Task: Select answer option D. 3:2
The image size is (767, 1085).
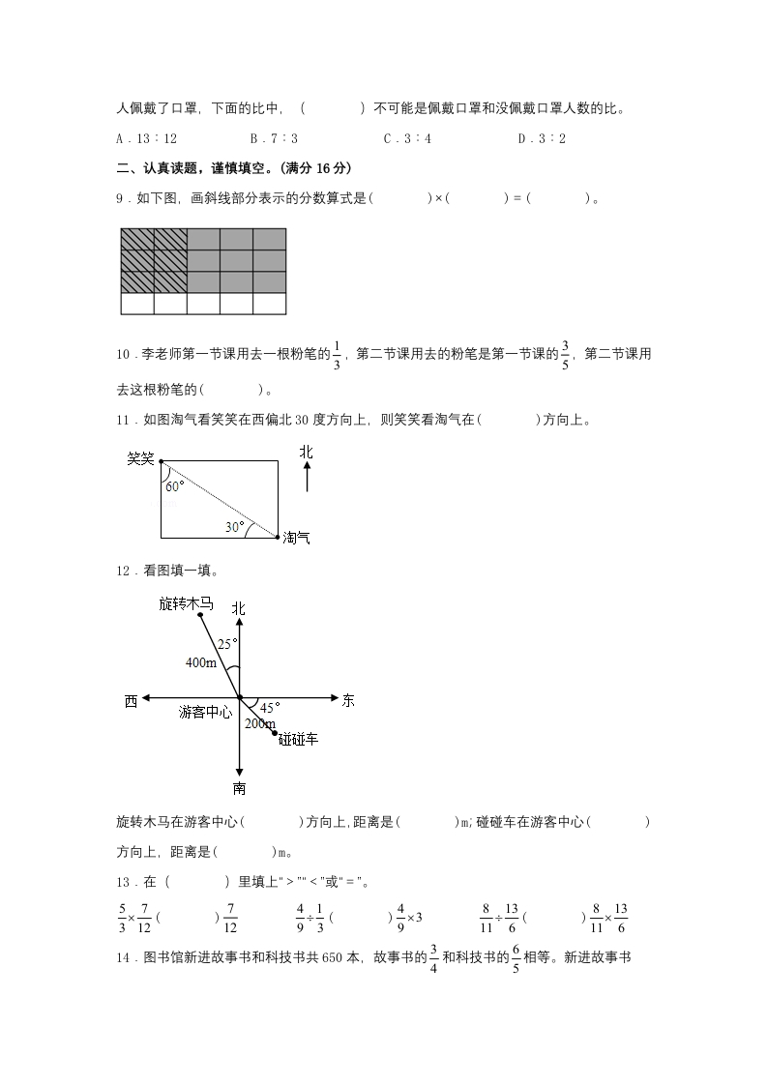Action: point(542,139)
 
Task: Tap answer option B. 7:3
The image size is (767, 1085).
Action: point(274,139)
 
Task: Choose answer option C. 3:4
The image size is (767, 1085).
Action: point(407,139)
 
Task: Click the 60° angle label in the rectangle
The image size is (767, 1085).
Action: point(174,486)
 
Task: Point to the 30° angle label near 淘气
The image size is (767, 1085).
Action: point(235,527)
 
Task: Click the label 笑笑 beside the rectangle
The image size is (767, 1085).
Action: point(141,458)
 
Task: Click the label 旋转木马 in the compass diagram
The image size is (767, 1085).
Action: point(186,603)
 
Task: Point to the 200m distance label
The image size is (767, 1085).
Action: point(259,723)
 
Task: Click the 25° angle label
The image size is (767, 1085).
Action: point(226,644)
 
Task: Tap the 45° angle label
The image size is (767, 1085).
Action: point(270,707)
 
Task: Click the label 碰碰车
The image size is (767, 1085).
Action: point(298,740)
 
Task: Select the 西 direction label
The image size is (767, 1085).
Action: point(131,700)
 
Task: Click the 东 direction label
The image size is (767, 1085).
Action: point(348,700)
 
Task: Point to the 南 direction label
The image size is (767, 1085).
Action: point(239,788)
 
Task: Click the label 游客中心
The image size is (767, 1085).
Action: point(205,713)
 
